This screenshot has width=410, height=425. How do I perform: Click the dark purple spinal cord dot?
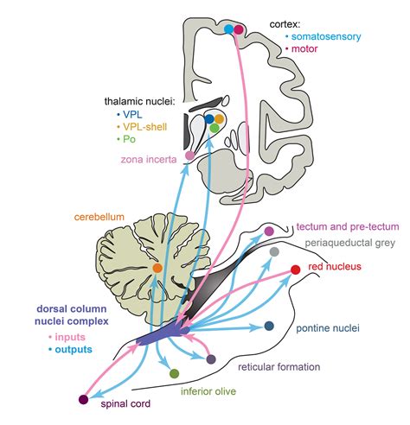(x=83, y=399)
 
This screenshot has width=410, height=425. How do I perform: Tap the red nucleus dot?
(x=296, y=270)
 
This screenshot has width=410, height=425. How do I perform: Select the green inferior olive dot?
(x=175, y=373)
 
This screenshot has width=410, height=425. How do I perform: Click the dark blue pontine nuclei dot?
(x=269, y=327)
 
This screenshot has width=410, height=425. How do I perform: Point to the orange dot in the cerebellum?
(x=157, y=270)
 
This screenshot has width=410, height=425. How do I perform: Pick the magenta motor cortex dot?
(x=239, y=29)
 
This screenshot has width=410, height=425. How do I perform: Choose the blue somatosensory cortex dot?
(x=229, y=29)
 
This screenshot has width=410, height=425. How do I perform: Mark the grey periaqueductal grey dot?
(x=274, y=251)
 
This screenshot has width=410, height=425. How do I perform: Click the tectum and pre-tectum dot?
(x=269, y=230)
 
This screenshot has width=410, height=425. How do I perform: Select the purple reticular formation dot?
(x=211, y=358)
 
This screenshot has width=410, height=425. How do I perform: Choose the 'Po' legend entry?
(x=130, y=138)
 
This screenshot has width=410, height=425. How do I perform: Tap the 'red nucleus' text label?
(x=336, y=267)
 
